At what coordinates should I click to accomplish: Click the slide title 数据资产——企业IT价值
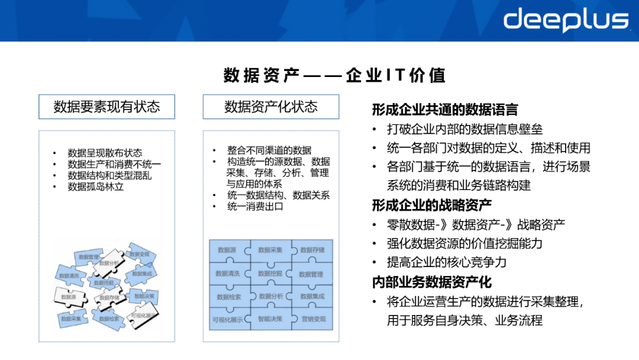tap(334, 76)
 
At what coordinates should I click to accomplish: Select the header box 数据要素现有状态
tap(106, 107)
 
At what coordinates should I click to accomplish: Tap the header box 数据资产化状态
tap(271, 107)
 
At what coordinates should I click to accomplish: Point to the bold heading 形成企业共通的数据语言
tap(445, 110)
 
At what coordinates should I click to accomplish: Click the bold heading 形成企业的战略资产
tap(432, 205)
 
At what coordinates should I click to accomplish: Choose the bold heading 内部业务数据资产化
tap(432, 282)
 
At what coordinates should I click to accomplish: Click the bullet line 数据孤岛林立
tap(96, 187)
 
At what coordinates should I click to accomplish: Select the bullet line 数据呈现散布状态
tap(105, 153)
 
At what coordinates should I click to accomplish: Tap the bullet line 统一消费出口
tap(255, 207)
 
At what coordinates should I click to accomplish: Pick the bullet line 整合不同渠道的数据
tap(269, 150)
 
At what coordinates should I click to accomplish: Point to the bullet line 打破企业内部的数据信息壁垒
tap(464, 129)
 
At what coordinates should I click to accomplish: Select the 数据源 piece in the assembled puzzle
tap(227, 250)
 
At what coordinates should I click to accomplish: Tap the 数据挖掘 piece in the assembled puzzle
tap(270, 274)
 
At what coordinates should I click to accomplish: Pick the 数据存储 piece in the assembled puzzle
tap(312, 250)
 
